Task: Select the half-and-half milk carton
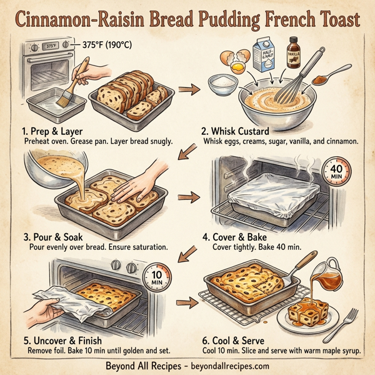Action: click(x=267, y=55)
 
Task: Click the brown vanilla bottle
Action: click(x=293, y=54)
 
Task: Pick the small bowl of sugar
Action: click(x=220, y=83)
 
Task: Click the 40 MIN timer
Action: click(x=334, y=171)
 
